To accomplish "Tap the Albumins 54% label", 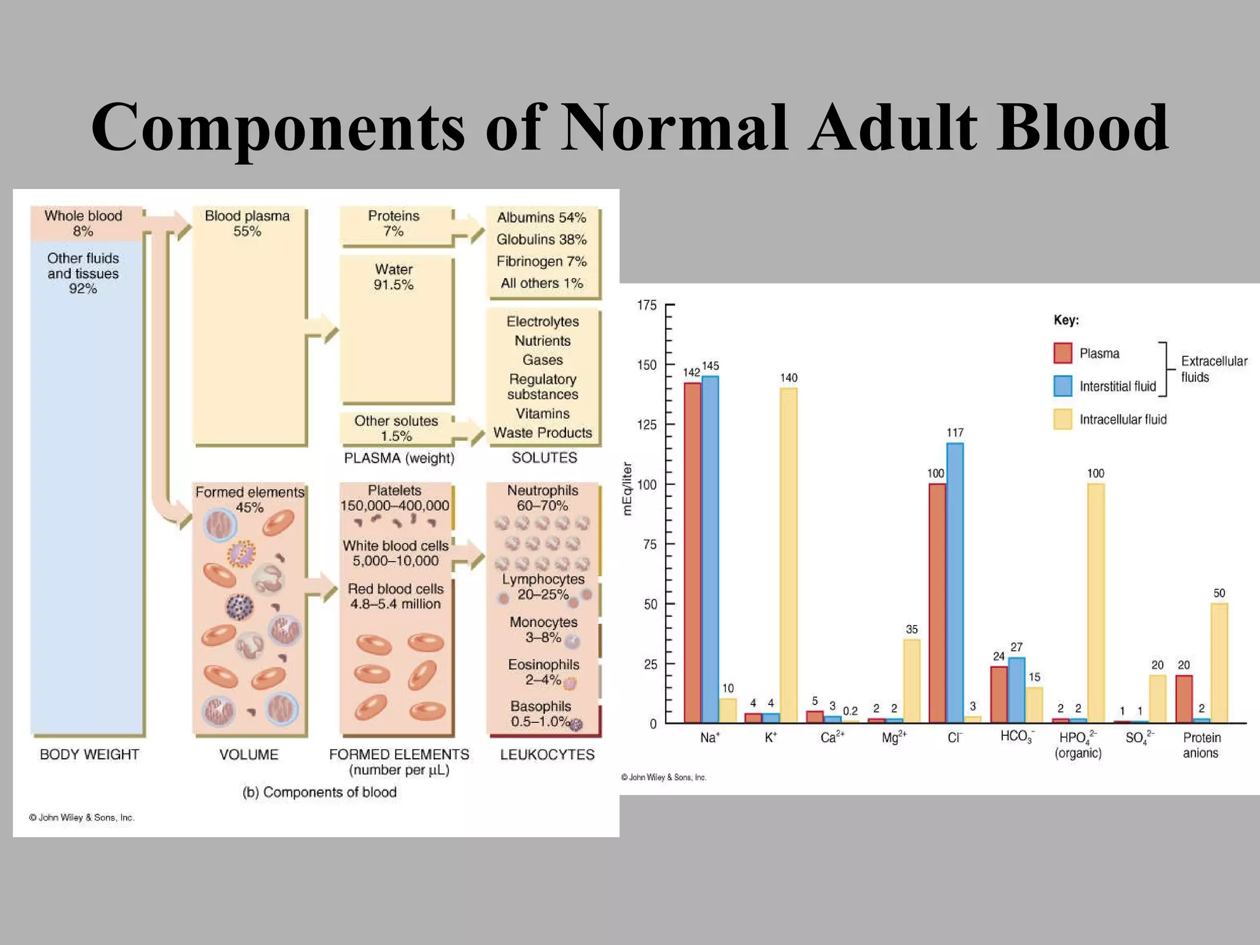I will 541,218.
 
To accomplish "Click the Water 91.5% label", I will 394,277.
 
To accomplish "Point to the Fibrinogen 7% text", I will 541,261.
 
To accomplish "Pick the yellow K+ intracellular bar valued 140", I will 788,554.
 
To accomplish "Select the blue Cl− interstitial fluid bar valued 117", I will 955,581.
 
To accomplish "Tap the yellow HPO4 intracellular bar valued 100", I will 1095,603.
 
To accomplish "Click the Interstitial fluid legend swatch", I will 1063,386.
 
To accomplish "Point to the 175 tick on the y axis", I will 647,306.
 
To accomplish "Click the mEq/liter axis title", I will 627,488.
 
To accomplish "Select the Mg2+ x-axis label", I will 893,737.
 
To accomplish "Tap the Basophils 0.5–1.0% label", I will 541,714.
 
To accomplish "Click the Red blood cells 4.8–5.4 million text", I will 395,596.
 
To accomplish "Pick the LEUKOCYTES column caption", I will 547,755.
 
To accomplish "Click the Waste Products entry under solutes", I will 542,433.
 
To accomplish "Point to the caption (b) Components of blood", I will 319,792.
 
